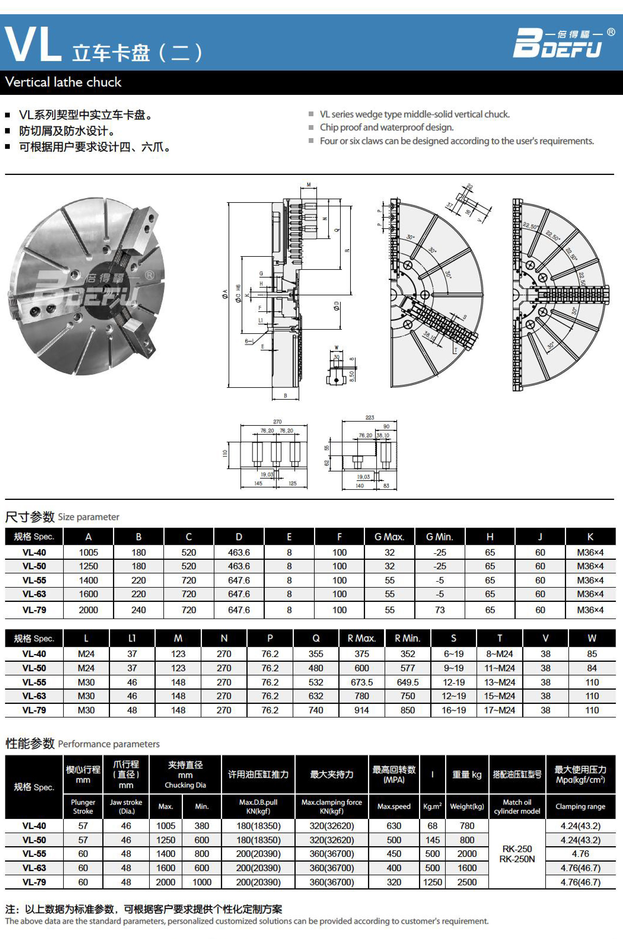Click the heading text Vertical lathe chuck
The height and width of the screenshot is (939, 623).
(63, 82)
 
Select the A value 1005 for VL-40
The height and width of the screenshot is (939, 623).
(88, 552)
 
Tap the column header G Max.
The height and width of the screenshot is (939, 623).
(389, 537)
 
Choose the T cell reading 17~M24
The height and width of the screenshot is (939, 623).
(499, 710)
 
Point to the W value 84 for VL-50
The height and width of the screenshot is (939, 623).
(592, 668)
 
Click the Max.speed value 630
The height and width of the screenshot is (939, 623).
(393, 826)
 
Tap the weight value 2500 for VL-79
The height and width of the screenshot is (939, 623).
(466, 882)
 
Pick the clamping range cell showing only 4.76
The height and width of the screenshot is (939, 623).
(580, 854)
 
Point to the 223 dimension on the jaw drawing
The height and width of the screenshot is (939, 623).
(369, 417)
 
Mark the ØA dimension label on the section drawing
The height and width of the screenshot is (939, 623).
(225, 294)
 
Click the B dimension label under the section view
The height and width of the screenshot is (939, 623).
(285, 396)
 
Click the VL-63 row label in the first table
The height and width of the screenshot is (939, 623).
(34, 594)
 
